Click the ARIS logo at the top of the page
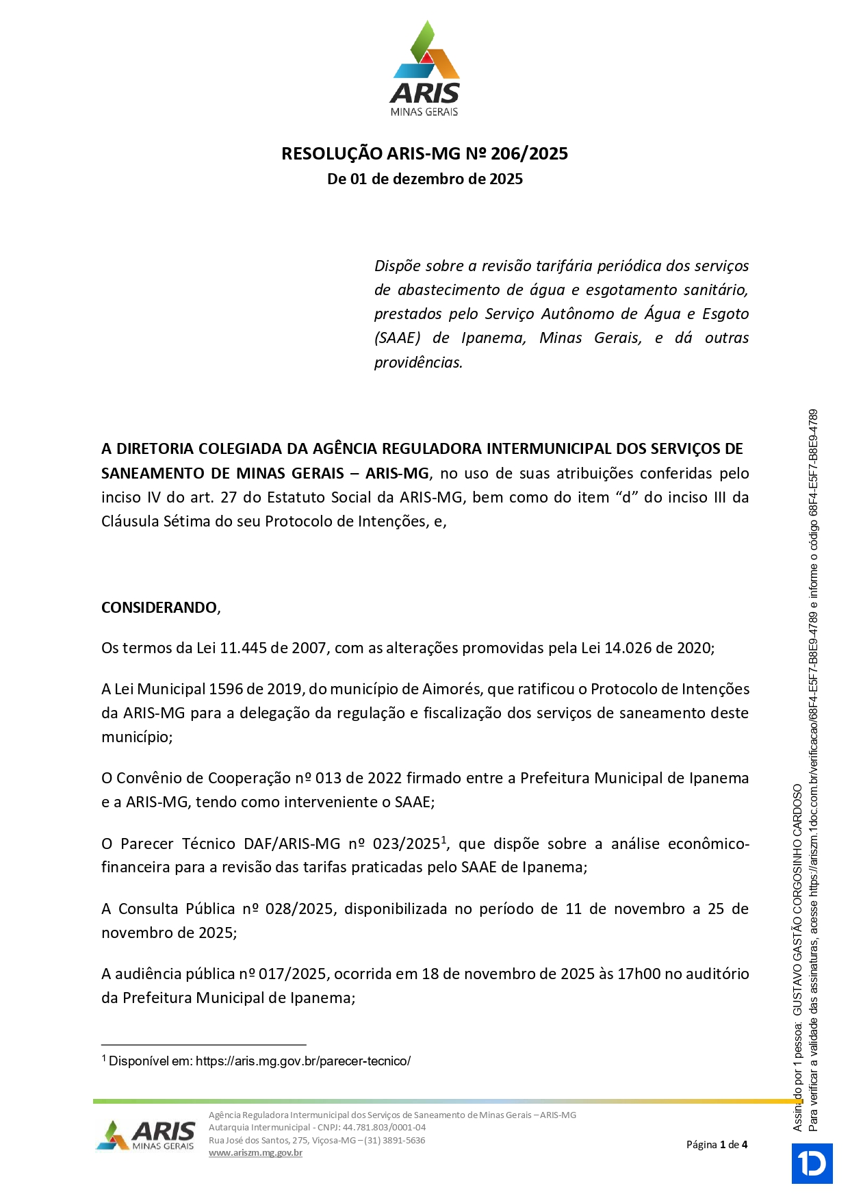(x=425, y=68)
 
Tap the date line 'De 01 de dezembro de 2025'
(x=425, y=179)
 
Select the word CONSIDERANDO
(x=159, y=608)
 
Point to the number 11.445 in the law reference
(x=243, y=648)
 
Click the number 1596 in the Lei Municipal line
(x=227, y=689)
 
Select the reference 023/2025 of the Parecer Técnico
(x=406, y=844)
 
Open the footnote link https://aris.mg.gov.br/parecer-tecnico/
(x=303, y=1061)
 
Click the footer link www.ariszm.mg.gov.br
(x=255, y=1153)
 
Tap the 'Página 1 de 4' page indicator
(x=717, y=1145)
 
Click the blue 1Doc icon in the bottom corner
(x=812, y=1163)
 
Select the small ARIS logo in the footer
(x=146, y=1136)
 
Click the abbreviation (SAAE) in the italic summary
(x=397, y=338)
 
